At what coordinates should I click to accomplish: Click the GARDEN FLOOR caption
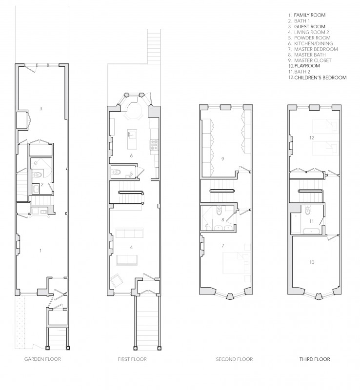tap(42, 359)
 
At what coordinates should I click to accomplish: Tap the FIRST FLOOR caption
tap(132, 359)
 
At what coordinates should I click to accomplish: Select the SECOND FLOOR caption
tap(234, 359)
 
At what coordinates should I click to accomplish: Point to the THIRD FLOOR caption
tap(315, 359)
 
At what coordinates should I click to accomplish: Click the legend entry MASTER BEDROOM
tap(316, 49)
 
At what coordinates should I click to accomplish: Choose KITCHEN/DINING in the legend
tap(314, 43)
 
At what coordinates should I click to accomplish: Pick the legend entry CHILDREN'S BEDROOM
tap(320, 78)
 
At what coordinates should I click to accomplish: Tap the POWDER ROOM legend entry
tap(312, 38)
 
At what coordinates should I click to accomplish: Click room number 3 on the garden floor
tap(41, 108)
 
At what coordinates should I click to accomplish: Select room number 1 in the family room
tap(40, 251)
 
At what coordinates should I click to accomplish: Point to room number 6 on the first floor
tap(131, 156)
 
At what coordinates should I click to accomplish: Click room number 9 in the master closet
tap(222, 159)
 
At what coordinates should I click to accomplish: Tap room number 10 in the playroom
tap(312, 262)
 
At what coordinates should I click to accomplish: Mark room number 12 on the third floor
tap(312, 137)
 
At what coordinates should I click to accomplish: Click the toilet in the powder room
tap(117, 172)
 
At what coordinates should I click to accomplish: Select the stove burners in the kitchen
tap(154, 144)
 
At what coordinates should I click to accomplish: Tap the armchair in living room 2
tap(117, 281)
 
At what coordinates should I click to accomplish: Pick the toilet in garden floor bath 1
tap(38, 175)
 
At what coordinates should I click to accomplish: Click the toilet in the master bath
tap(219, 212)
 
